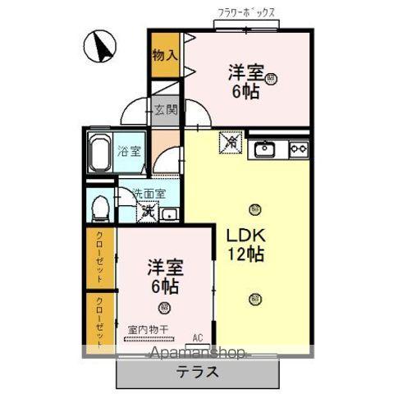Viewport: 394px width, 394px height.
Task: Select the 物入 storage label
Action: coord(165,56)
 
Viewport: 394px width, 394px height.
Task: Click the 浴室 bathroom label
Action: coord(129,152)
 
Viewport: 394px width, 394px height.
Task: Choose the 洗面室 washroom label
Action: coord(149,195)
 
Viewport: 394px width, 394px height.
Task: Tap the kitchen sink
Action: coord(265,149)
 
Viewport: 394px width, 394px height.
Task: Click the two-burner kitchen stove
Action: coord(297,149)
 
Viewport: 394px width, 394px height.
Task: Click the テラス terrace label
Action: coord(197,371)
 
